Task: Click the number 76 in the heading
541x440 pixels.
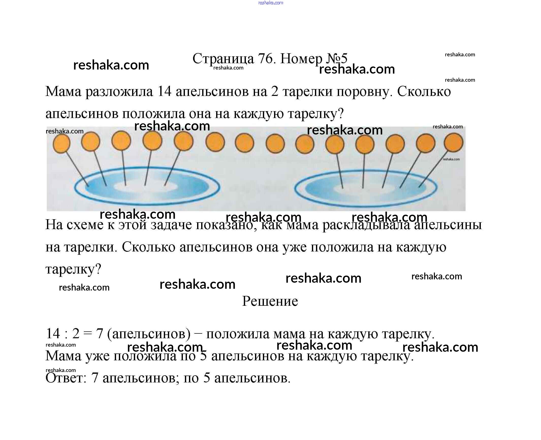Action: pyautogui.click(x=265, y=59)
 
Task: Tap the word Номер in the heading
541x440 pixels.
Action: pyautogui.click(x=301, y=59)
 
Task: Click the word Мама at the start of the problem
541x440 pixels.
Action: pyautogui.click(x=63, y=91)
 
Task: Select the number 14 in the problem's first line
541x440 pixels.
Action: pyautogui.click(x=165, y=91)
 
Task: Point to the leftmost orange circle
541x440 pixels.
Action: pyautogui.click(x=61, y=144)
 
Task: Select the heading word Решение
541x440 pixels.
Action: pyautogui.click(x=270, y=301)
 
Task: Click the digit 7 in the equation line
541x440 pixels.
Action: pyautogui.click(x=99, y=333)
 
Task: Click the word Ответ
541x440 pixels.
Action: pyautogui.click(x=66, y=378)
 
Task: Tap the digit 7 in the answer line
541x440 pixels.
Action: pyautogui.click(x=94, y=378)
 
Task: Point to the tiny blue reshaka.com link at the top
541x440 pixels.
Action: pyautogui.click(x=270, y=3)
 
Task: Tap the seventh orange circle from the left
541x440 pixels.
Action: pyautogui.click(x=244, y=144)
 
